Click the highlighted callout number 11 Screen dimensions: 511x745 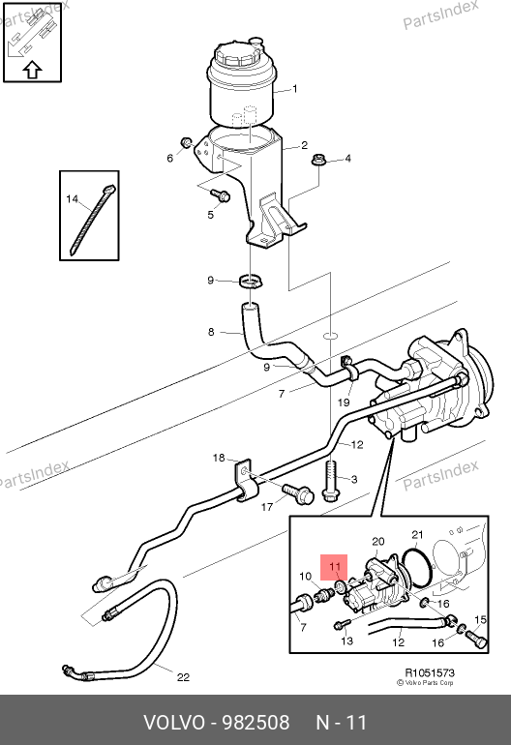(x=335, y=566)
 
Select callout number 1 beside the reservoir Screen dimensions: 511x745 (x=295, y=89)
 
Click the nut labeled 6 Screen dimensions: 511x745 (x=187, y=142)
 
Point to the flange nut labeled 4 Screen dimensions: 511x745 (x=318, y=161)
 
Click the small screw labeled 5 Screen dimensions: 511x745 (x=220, y=194)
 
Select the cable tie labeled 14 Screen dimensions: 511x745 (x=93, y=220)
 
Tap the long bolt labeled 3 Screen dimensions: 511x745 (x=330, y=480)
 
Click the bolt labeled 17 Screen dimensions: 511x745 (x=298, y=493)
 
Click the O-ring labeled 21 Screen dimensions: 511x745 (x=417, y=568)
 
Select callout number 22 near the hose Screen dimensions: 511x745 (x=183, y=677)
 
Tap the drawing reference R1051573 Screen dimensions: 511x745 (x=430, y=672)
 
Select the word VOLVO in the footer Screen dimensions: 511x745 (x=174, y=722)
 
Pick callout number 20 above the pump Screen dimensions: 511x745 (x=377, y=542)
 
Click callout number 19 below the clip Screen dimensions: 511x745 (x=344, y=402)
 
